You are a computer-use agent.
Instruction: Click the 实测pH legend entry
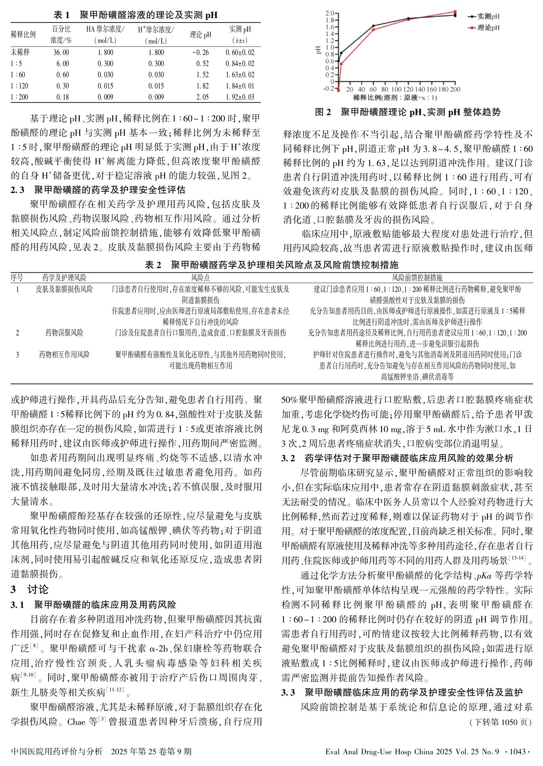[x=488, y=17]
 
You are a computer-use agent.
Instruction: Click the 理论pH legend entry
[x=488, y=28]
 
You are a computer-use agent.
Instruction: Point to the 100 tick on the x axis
[x=396, y=90]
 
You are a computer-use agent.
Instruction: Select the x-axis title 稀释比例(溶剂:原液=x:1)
[x=395, y=98]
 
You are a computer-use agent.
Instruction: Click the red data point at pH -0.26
[x=338, y=90]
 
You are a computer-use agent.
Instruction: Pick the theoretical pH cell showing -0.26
[x=201, y=53]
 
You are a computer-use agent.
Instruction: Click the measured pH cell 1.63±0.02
[x=240, y=75]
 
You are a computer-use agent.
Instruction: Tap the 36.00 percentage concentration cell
[x=61, y=53]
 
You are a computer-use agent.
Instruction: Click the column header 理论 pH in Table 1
[x=201, y=35]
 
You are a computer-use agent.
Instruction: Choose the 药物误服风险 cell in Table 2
[x=64, y=333]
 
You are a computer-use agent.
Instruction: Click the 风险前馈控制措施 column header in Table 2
[x=417, y=278]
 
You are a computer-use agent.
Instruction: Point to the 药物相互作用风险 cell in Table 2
[x=64, y=355]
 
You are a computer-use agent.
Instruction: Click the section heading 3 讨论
[x=30, y=590]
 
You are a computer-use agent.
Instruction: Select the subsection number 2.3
[x=17, y=190]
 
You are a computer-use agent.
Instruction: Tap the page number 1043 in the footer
[x=518, y=751]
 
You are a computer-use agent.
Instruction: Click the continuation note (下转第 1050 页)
[x=500, y=722]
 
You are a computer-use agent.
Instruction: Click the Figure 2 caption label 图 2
[x=323, y=112]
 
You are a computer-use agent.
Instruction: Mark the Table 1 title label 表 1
[x=62, y=15]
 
